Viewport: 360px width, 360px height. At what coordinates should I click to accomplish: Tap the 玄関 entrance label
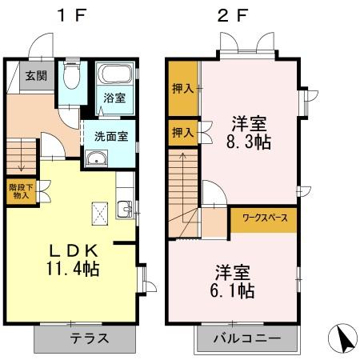coord(34,77)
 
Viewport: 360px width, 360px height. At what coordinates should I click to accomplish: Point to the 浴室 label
coord(114,99)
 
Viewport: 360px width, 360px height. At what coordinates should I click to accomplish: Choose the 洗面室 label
coord(111,135)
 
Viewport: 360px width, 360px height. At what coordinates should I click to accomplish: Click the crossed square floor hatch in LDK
coord(99,213)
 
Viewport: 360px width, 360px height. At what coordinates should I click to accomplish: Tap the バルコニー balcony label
coord(246,338)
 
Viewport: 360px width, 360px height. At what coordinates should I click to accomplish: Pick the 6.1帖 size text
coord(234,289)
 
